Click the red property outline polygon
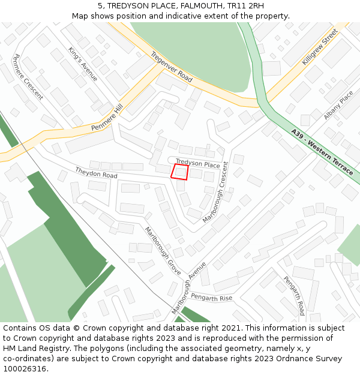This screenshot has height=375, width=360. tap(180, 172)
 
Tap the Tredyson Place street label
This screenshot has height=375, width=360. tap(198, 163)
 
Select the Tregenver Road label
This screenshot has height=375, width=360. tap(172, 67)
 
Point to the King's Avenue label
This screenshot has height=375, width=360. tap(83, 64)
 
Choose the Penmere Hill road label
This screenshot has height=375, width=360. tap(107, 117)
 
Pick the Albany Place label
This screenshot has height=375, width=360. tap(338, 106)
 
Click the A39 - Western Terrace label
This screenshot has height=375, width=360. tap(322, 152)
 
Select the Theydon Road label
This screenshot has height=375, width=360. tap(96, 173)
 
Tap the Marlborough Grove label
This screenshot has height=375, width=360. tap(163, 251)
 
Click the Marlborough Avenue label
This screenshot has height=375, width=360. tap(188, 287)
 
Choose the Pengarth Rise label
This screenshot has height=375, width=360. tap(212, 298)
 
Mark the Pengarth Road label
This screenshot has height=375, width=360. tap(294, 296)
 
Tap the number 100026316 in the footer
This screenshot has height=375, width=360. tap(23, 369)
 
